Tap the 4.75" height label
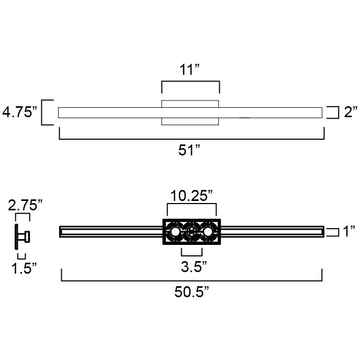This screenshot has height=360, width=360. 20,113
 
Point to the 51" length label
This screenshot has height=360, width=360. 190,151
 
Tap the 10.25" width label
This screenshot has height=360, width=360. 190,197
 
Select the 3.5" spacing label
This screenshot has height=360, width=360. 190,267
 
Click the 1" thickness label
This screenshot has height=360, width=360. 348,231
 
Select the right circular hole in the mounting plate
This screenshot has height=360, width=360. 208,231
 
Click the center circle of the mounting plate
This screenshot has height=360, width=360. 192,231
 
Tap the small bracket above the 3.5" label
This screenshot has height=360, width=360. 192,252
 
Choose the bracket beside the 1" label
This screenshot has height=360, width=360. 332,231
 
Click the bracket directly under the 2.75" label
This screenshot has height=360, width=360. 22,216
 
